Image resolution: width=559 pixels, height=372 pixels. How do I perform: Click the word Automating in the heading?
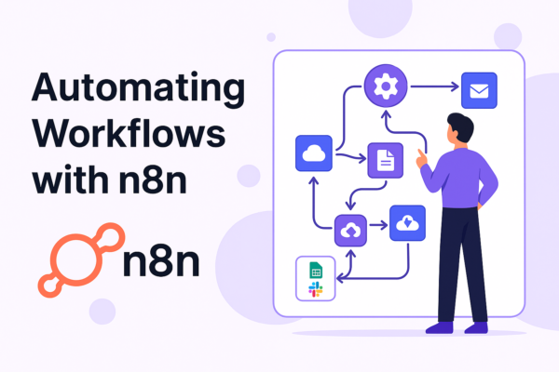[x=138, y=89]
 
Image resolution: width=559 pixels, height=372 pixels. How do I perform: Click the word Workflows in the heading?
[x=129, y=134]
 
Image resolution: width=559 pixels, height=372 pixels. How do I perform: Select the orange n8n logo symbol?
[x=81, y=260]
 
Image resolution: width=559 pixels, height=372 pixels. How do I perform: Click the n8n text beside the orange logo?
[x=161, y=262]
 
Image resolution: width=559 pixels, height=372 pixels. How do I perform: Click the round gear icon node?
[x=386, y=86]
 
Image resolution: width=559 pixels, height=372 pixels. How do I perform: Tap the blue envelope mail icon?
[x=479, y=90]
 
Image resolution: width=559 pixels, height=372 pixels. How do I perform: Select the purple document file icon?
[x=386, y=160]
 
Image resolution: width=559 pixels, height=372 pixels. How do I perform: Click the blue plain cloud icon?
[x=314, y=153]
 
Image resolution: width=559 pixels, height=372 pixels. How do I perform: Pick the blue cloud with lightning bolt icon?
[x=407, y=223]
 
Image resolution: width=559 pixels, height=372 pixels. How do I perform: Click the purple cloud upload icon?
[x=350, y=231]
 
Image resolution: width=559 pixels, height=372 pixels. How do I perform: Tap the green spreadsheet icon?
[x=316, y=271]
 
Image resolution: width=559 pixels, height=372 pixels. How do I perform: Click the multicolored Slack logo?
[x=316, y=289]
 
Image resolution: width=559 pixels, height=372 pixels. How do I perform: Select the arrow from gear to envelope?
[x=434, y=86]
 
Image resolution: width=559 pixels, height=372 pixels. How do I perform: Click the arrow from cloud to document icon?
[x=351, y=157]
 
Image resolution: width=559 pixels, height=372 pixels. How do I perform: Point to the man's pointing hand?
[x=422, y=158]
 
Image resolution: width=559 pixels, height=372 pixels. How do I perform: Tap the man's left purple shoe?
[x=439, y=327]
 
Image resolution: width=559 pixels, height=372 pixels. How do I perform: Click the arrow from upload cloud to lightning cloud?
[x=378, y=225]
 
